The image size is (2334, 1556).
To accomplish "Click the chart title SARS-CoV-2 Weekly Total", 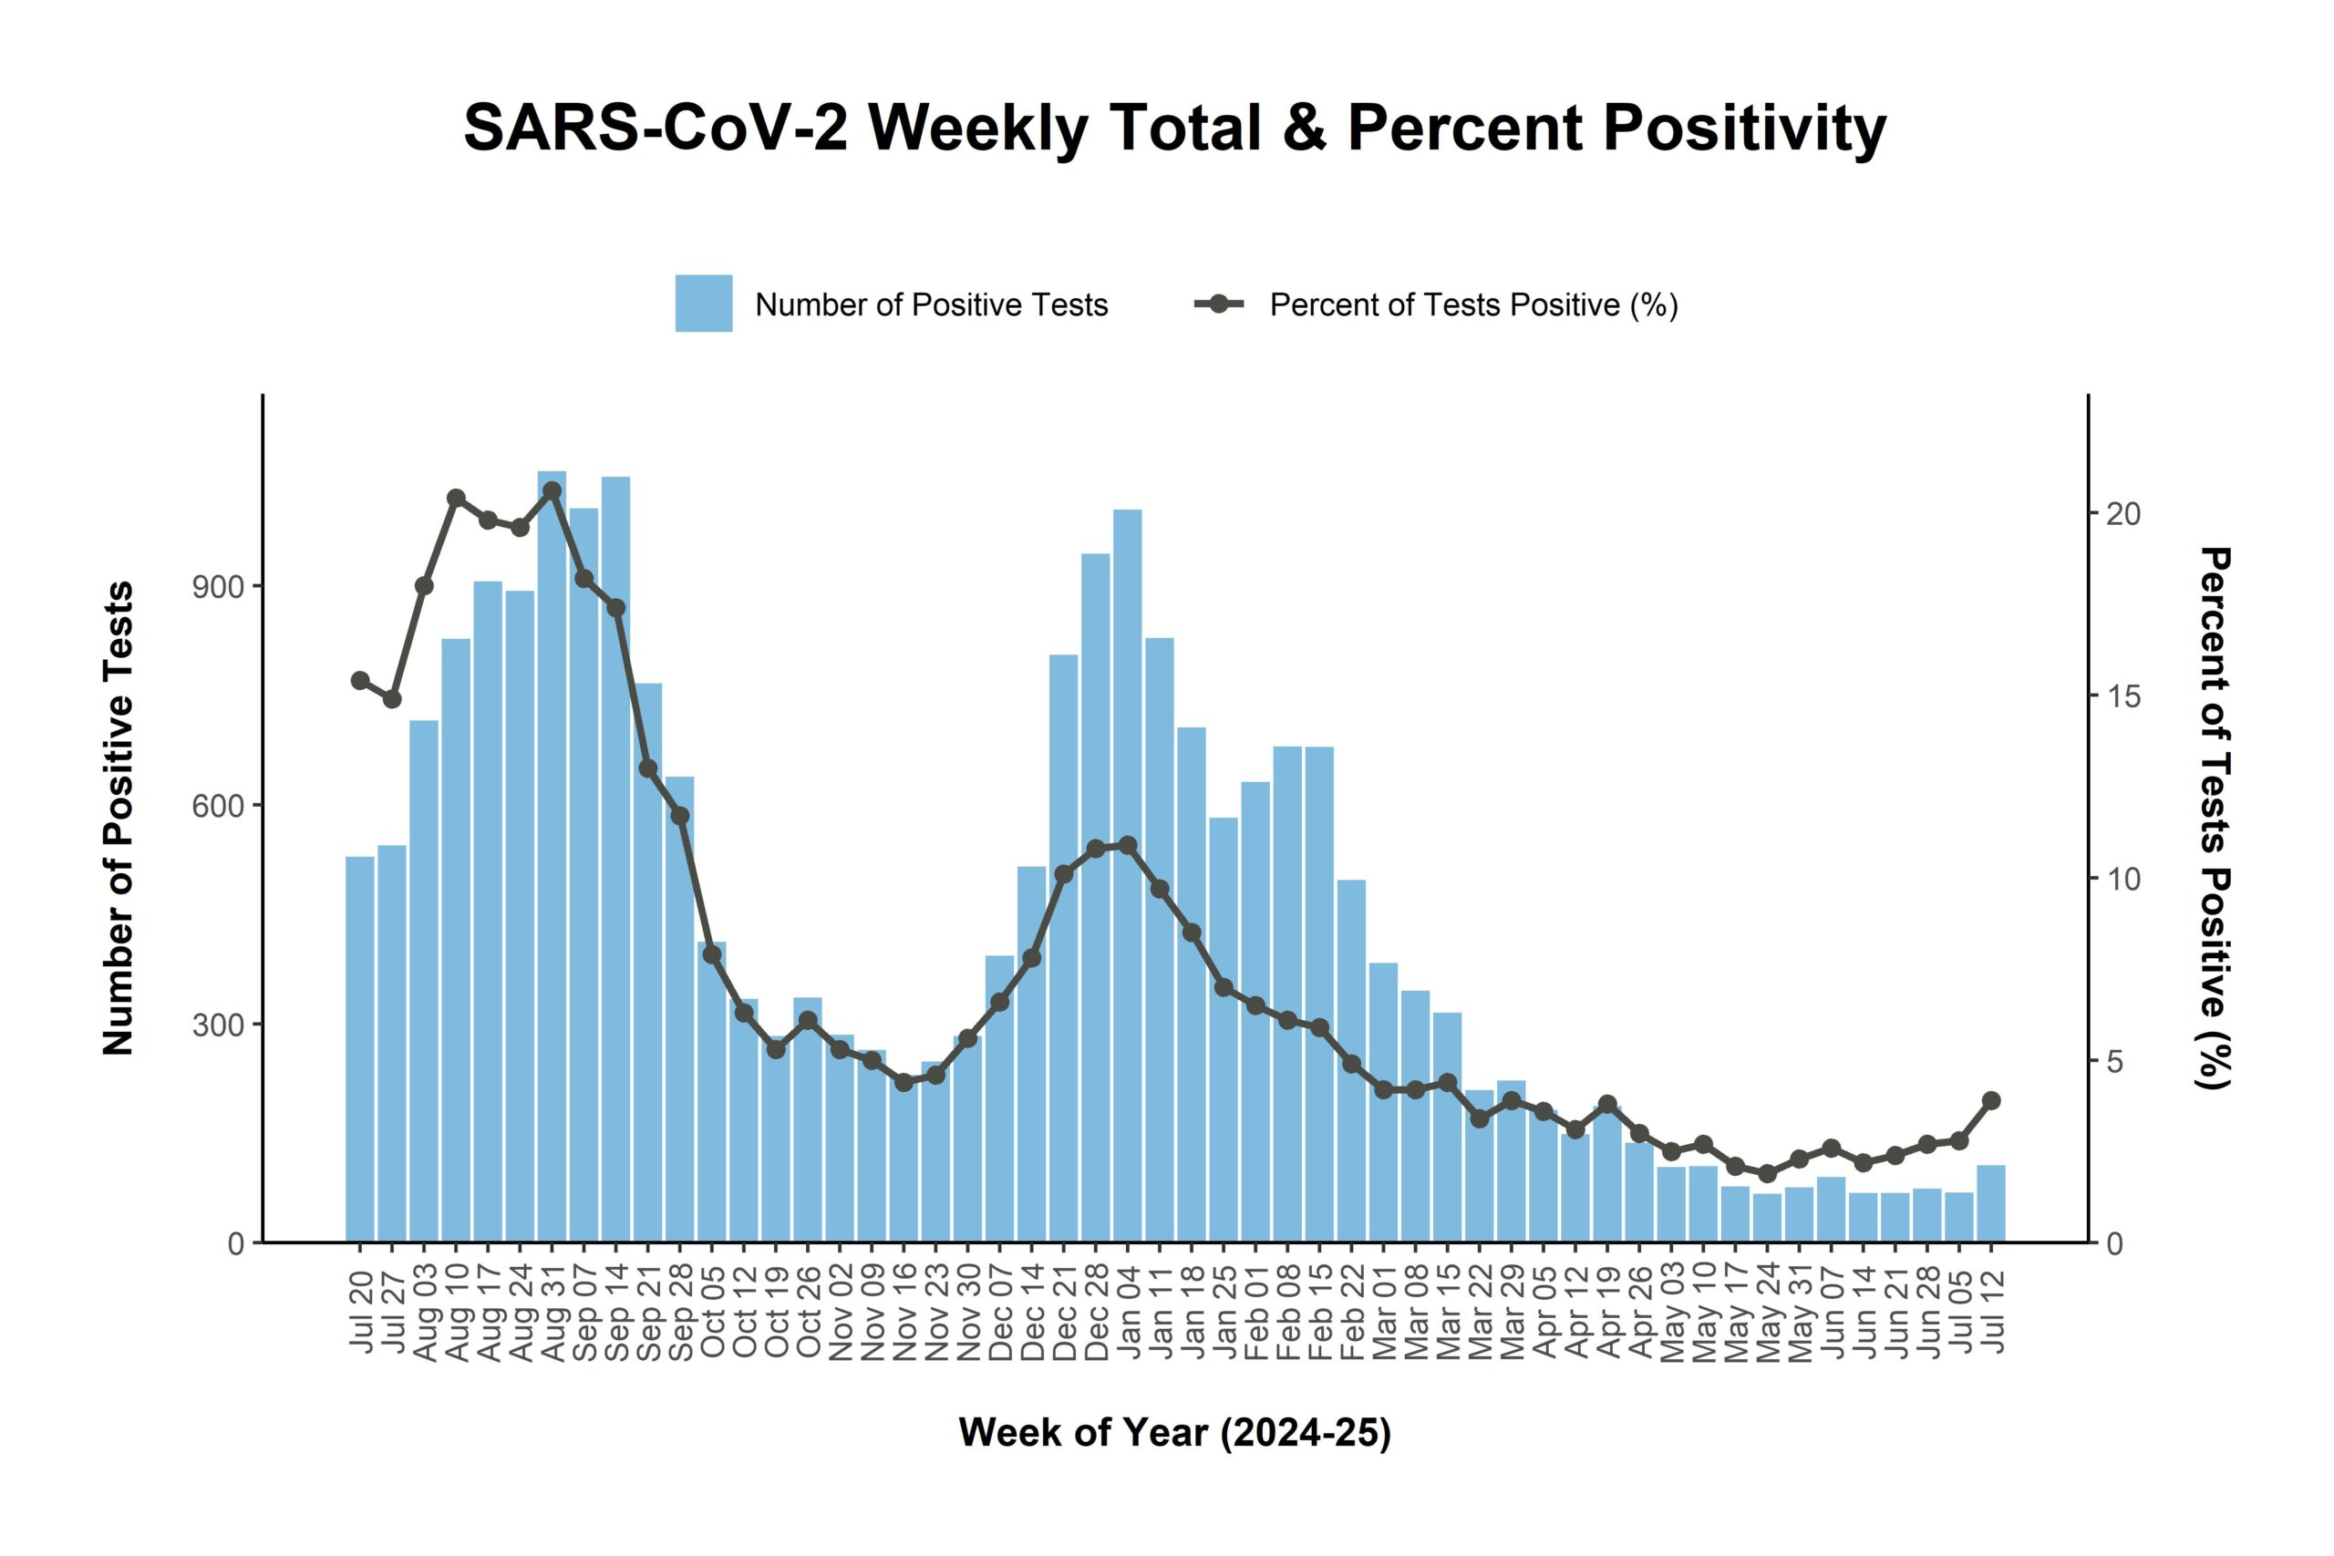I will tap(1174, 129).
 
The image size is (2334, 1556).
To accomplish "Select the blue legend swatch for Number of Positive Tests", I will tap(704, 304).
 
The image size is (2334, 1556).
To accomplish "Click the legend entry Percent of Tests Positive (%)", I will tap(1472, 304).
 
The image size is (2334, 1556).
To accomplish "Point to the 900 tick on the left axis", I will tap(218, 586).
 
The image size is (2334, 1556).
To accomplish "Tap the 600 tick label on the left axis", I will tap(218, 806).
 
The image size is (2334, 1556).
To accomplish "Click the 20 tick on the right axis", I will tap(2122, 514).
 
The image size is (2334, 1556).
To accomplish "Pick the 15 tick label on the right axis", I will tap(2122, 696).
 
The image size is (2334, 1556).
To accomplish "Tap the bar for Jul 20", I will tap(360, 1052).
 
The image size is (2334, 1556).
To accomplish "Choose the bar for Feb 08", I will tap(1287, 1003).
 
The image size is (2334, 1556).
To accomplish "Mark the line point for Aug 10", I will tap(457, 499).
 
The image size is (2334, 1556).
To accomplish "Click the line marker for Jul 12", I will tap(1990, 1100).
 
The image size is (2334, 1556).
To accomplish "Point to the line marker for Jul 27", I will tap(392, 698).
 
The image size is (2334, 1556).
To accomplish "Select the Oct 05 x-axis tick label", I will tap(712, 1314).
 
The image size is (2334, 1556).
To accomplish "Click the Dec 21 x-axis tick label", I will tap(1064, 1314).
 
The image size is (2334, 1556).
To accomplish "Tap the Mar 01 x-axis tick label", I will tap(1383, 1314).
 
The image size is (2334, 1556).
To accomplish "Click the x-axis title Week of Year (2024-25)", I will tap(1174, 1434).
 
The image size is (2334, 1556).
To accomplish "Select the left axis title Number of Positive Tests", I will tap(119, 819).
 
